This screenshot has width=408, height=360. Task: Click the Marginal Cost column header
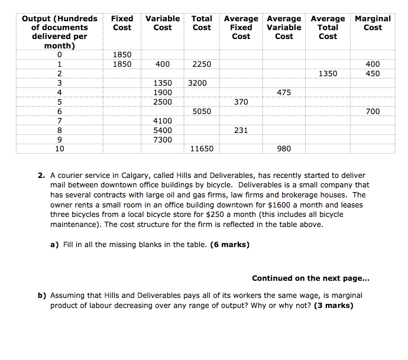click(x=373, y=23)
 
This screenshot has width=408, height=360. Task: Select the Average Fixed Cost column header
click(x=241, y=27)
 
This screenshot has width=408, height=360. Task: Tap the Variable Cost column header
click(x=163, y=23)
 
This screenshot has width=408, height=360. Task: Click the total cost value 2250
click(x=202, y=64)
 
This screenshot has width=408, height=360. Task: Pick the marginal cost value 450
click(x=373, y=74)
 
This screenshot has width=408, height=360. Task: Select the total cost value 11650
click(x=202, y=149)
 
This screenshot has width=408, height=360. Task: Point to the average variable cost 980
click(x=284, y=149)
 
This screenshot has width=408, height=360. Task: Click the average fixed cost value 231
click(x=241, y=130)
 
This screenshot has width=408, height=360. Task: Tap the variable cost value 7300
click(x=163, y=140)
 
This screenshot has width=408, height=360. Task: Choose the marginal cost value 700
click(x=373, y=111)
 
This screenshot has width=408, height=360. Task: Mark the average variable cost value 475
click(x=284, y=93)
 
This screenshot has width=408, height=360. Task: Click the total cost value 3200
click(x=197, y=83)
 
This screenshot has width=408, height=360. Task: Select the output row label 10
click(x=60, y=149)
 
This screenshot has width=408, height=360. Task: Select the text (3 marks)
click(x=333, y=306)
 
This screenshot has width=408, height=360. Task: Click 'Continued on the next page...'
click(x=311, y=278)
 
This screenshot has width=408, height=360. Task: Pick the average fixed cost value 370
click(x=241, y=102)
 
